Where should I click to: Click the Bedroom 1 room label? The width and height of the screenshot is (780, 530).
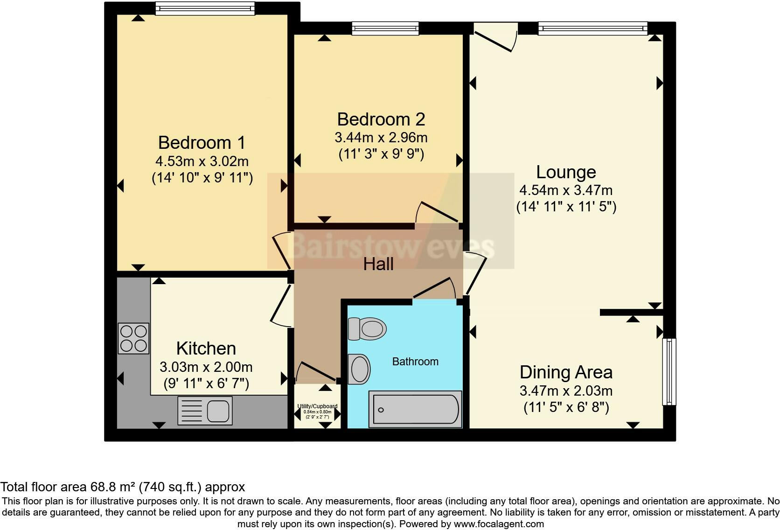(202, 142)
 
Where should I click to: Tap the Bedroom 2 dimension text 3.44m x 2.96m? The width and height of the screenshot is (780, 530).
(381, 138)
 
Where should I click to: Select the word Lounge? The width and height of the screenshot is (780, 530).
(566, 172)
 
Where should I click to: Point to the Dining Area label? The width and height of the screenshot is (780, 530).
(566, 372)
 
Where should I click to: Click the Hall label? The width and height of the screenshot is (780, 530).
(378, 265)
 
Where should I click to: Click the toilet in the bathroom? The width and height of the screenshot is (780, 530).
(368, 328)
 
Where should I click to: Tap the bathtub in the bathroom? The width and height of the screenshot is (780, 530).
(415, 410)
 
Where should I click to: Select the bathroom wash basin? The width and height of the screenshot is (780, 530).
(360, 369)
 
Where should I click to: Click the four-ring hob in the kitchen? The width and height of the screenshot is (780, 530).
(133, 338)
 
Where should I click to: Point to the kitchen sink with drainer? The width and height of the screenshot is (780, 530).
(205, 411)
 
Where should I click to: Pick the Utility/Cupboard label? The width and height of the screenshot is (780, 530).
(317, 406)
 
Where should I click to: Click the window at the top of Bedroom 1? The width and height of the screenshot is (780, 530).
(205, 8)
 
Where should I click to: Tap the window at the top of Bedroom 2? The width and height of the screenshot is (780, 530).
(385, 28)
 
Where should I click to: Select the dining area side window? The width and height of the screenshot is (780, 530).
(669, 371)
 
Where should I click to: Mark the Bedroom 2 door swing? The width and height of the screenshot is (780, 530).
(436, 212)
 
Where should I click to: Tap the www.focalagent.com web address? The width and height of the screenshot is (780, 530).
(499, 524)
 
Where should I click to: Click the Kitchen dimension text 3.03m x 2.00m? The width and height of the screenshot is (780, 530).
(206, 367)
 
